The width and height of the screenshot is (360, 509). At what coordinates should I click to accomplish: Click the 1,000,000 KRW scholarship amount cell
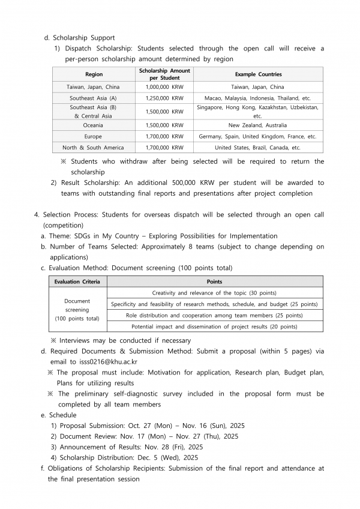[164, 87]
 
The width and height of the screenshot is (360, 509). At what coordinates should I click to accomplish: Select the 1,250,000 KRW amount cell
[164, 98]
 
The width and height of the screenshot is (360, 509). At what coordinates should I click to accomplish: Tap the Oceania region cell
[93, 125]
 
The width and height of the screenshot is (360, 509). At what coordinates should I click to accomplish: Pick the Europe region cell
[93, 136]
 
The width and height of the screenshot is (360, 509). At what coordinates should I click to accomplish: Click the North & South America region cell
[93, 147]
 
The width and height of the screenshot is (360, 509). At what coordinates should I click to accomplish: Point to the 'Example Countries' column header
[258, 74]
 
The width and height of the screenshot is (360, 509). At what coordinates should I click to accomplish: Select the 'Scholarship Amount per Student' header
[164, 74]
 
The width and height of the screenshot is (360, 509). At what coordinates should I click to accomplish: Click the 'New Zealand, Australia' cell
[258, 125]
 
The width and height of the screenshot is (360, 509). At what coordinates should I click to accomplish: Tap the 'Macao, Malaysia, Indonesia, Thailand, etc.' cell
[258, 98]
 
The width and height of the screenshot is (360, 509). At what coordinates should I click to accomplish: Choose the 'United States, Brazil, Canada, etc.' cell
[258, 147]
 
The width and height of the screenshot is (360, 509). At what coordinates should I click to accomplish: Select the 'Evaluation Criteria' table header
[77, 282]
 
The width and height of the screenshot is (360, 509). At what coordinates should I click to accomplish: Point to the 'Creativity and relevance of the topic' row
[214, 293]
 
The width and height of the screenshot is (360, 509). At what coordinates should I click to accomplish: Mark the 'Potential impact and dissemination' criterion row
[214, 327]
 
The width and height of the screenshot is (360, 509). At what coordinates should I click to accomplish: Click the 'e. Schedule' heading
[59, 415]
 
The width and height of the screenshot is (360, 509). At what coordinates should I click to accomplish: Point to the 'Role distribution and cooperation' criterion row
[214, 315]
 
